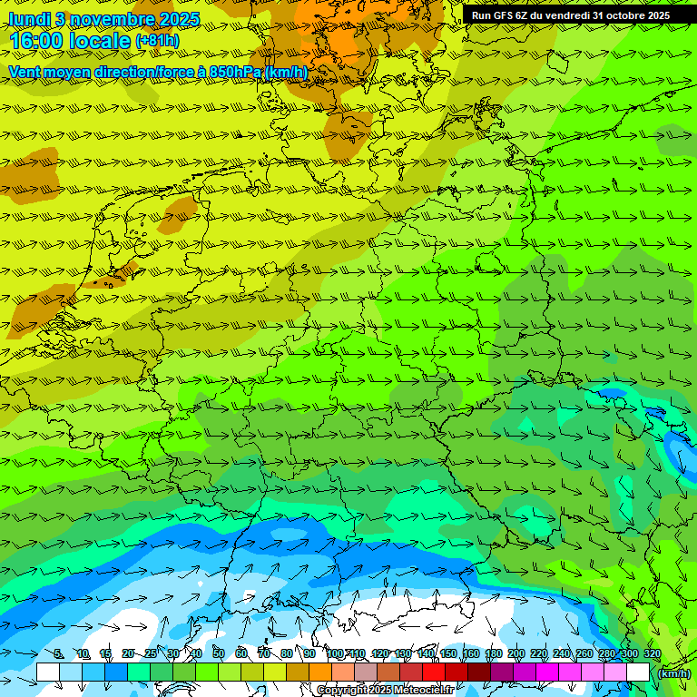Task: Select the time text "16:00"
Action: click(x=37, y=42)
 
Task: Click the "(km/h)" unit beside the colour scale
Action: click(x=673, y=673)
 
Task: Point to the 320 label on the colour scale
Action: click(x=652, y=653)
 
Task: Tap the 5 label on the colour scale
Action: click(x=59, y=653)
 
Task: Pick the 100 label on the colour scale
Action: click(x=334, y=653)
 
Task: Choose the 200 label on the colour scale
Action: click(x=516, y=653)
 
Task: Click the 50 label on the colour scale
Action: click(x=219, y=653)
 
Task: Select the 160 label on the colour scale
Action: click(x=471, y=653)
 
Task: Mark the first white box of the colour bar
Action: click(x=48, y=672)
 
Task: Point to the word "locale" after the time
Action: click(x=99, y=42)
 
